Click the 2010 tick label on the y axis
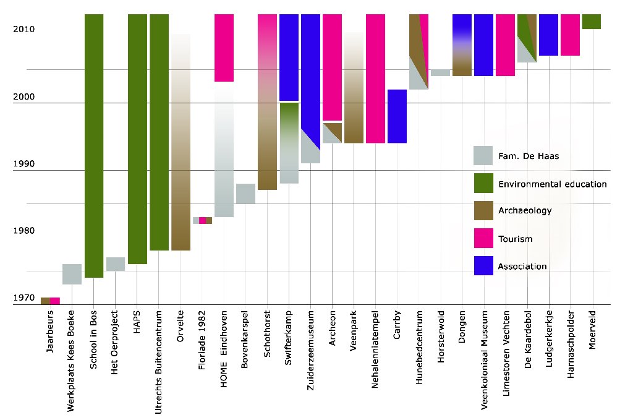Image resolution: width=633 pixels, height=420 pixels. tap(23, 30)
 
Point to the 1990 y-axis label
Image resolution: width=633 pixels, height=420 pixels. tap(23, 165)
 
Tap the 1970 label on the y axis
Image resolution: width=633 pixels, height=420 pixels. tap(23, 298)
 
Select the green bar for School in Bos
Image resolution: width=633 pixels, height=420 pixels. tap(94, 145)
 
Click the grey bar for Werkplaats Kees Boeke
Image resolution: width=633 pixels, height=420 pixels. tap(72, 274)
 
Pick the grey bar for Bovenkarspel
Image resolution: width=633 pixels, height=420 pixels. tap(245, 194)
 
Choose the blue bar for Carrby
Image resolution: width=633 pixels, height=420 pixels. tap(397, 116)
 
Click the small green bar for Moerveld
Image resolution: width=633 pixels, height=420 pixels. tap(592, 22)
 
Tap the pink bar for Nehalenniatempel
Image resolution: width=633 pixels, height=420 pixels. tap(375, 79)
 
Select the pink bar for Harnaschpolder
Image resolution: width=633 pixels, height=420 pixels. tap(570, 35)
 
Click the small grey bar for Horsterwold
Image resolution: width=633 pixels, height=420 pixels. tap(440, 72)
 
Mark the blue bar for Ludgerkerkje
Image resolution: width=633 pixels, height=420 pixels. tap(548, 35)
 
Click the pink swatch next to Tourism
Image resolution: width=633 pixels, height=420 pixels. tap(483, 238)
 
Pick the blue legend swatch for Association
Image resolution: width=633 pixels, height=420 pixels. tap(483, 266)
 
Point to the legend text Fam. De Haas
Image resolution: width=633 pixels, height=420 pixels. tap(529, 156)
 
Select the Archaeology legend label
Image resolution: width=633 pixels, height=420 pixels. tap(525, 211)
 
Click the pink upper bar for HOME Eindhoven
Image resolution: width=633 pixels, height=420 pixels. tap(224, 48)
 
